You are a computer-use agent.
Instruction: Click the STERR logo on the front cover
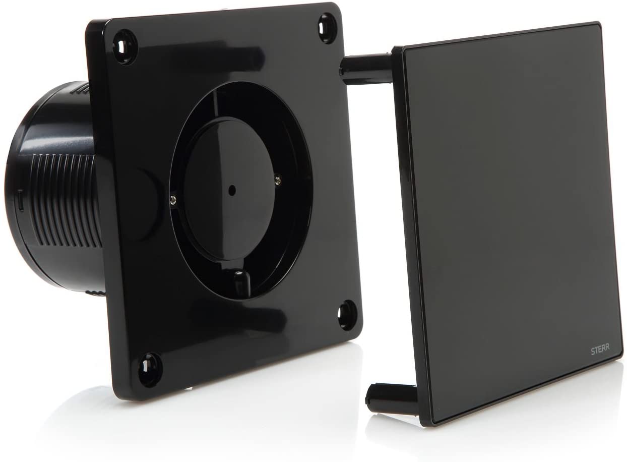tap(600, 351)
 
